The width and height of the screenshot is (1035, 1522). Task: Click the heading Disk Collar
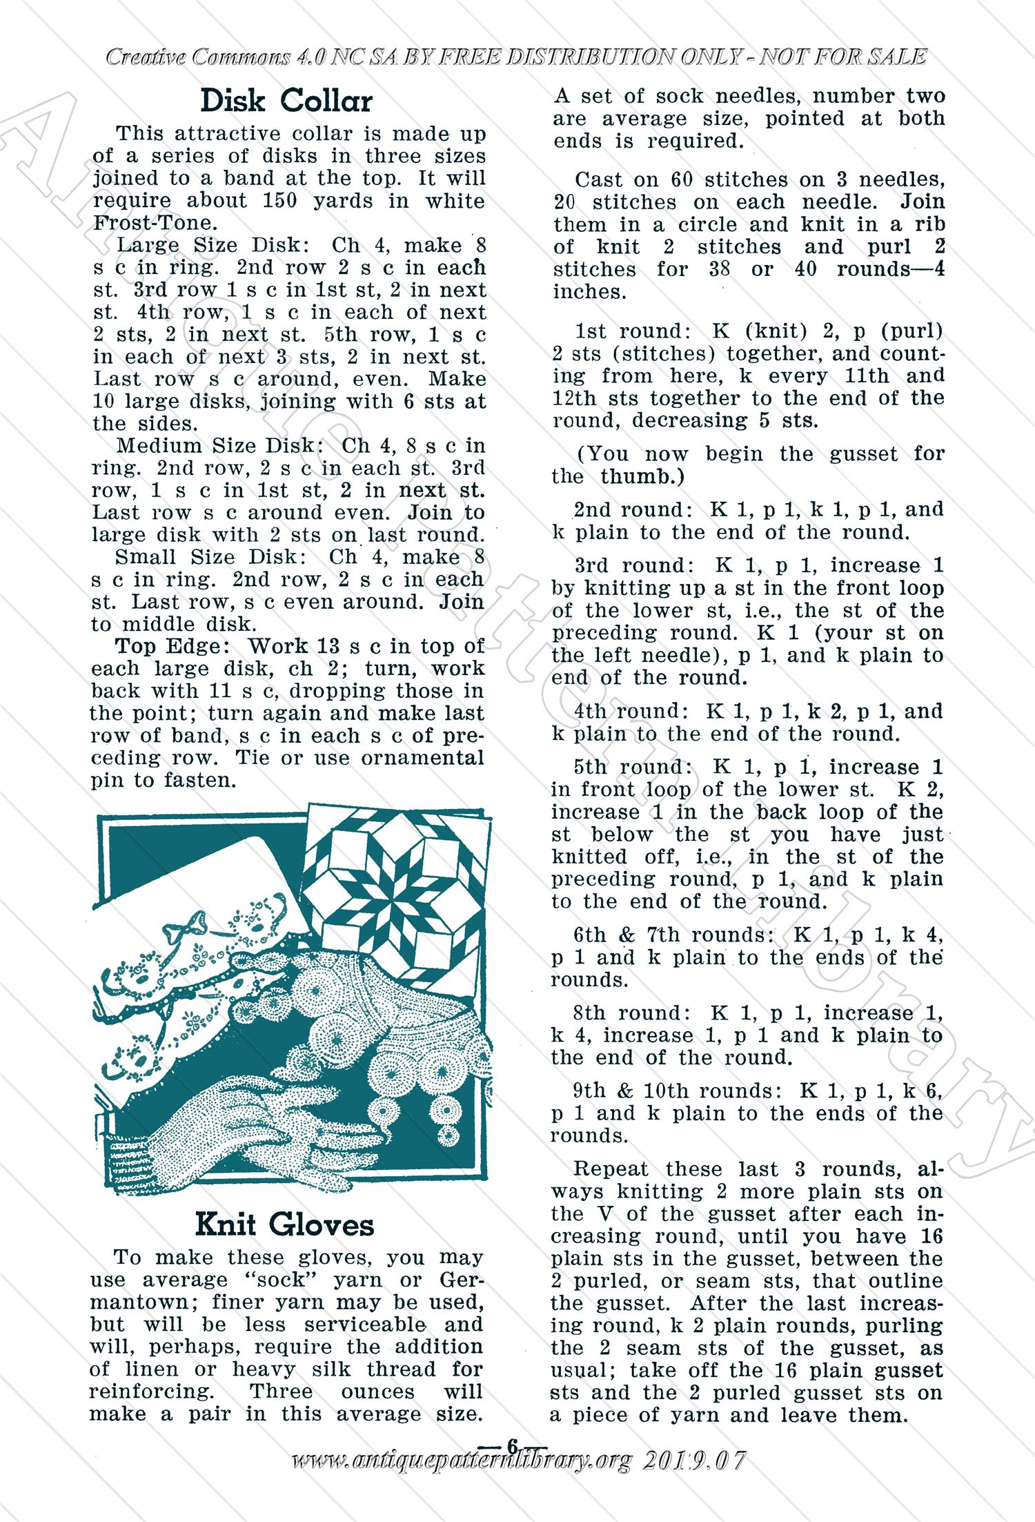point(286,101)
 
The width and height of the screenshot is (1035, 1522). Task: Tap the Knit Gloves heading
point(284,1224)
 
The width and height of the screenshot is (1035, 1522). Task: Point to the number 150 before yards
point(286,201)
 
